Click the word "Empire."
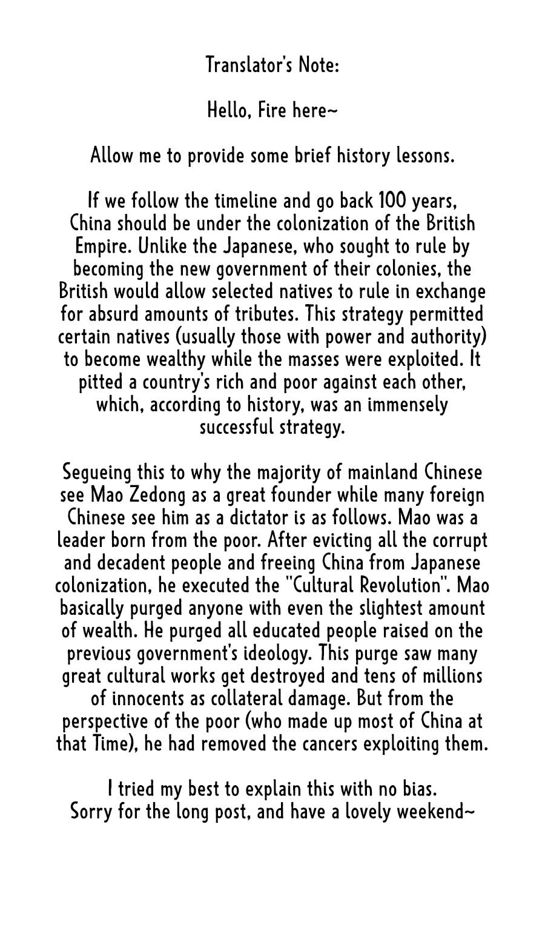[x=102, y=247]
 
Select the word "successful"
[x=237, y=427]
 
